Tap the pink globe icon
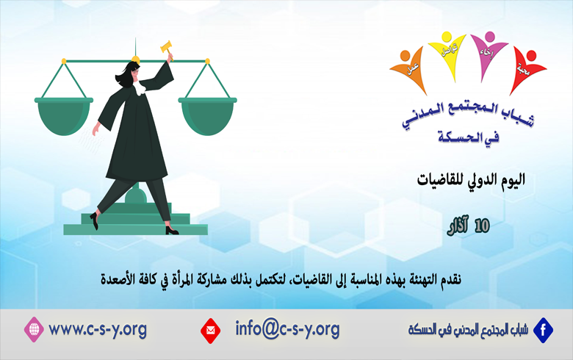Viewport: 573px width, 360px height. coord(35,328)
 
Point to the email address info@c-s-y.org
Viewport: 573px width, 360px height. coord(287,328)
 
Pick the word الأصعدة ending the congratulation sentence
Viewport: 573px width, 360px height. coord(123,278)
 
